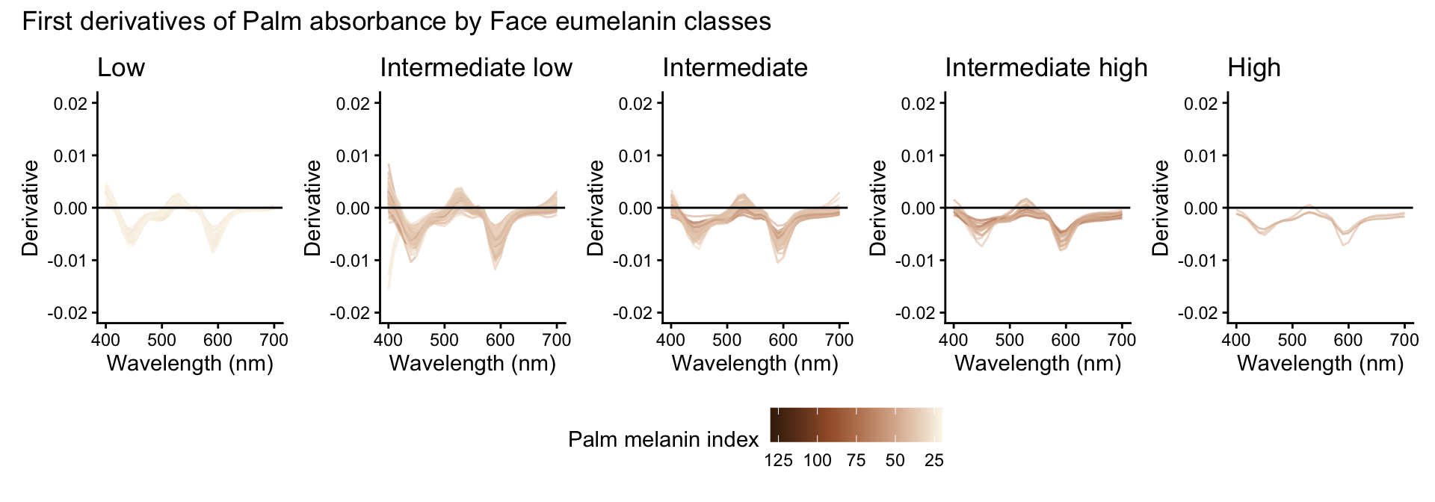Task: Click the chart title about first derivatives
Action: (x=396, y=21)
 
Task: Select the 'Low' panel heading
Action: (x=121, y=68)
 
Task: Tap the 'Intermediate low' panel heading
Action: (x=475, y=68)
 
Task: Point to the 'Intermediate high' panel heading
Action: (x=1046, y=68)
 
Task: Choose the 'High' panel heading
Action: (x=1253, y=68)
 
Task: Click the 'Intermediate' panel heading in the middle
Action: (x=735, y=68)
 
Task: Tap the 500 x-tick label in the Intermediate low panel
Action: (x=444, y=341)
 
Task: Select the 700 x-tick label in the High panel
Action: (x=1404, y=341)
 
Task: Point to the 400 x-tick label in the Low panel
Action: (x=105, y=341)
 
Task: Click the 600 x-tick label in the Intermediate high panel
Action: (x=1065, y=341)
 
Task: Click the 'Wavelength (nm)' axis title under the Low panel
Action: (x=190, y=364)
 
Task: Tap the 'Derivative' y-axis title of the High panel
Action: (x=1160, y=208)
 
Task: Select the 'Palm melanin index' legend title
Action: (x=663, y=439)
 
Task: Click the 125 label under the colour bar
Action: (x=778, y=461)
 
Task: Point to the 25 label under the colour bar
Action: (x=933, y=461)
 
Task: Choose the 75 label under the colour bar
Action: (x=856, y=461)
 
